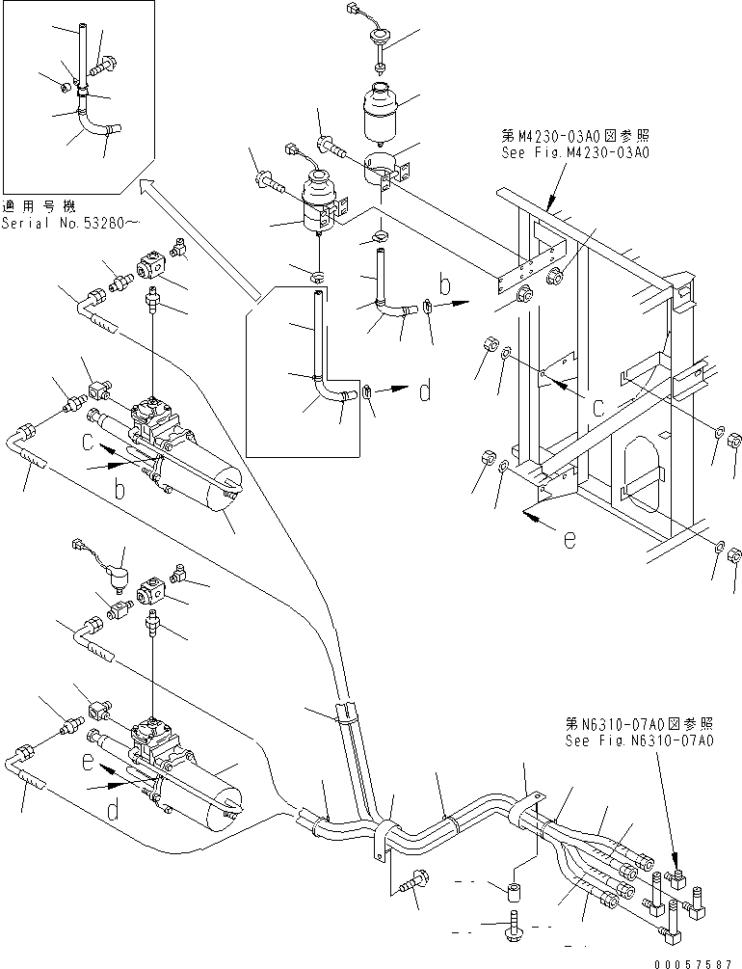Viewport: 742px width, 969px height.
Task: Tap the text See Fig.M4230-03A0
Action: click(574, 152)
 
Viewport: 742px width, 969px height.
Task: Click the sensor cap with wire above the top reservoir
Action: click(378, 39)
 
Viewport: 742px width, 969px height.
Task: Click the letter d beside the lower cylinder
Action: click(112, 811)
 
